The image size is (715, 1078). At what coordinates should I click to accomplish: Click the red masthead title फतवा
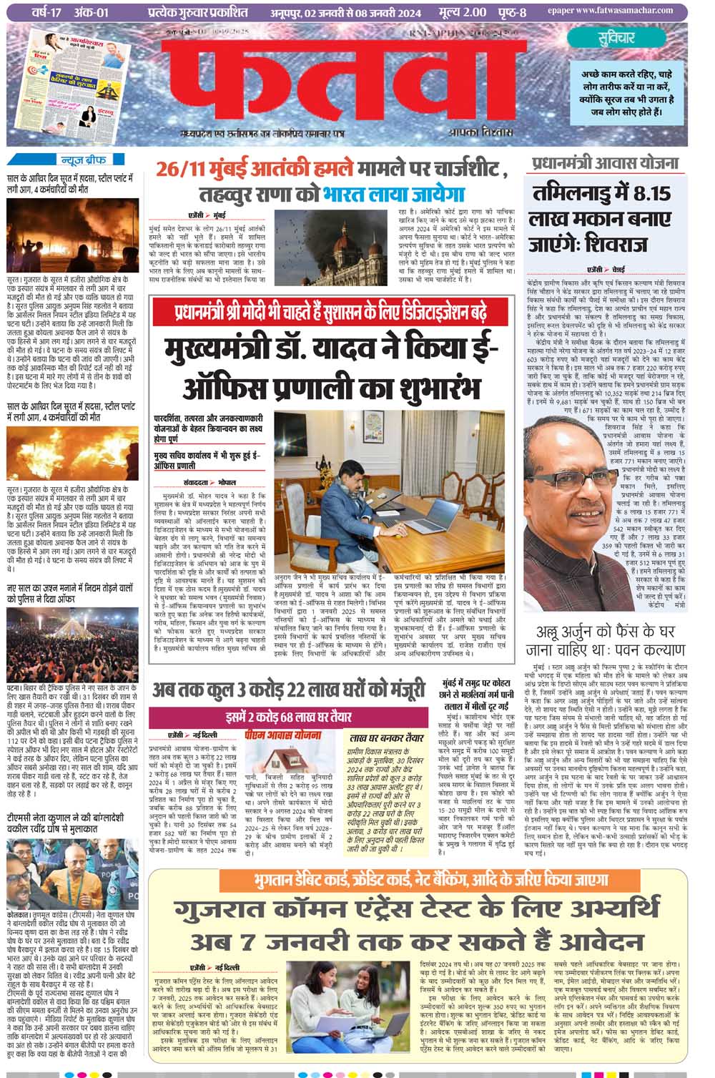[x=343, y=82]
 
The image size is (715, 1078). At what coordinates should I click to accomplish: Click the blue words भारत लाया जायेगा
[x=393, y=195]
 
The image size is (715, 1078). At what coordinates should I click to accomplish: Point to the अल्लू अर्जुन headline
[x=609, y=641]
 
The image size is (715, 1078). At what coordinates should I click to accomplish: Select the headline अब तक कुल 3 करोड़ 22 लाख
[x=290, y=690]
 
